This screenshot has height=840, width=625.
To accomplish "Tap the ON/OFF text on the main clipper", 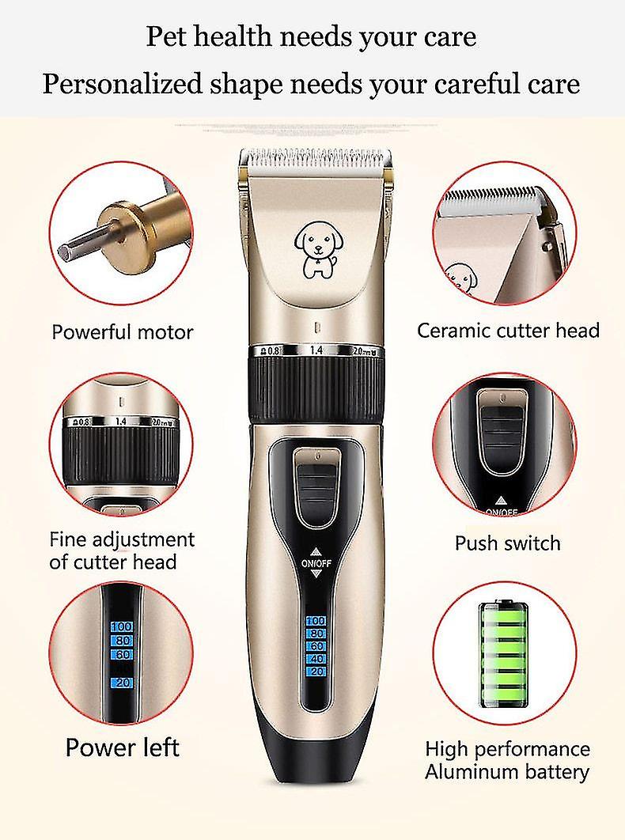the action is point(316,563).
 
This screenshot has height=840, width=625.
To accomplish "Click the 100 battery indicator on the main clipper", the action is point(316,620).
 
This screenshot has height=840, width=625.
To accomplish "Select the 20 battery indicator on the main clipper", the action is point(316,672).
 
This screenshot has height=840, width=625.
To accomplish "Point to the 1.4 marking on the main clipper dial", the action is point(316,350).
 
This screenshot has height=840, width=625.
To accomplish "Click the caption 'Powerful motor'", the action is point(122,332).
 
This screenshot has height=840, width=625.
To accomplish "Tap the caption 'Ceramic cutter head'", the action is point(508,331).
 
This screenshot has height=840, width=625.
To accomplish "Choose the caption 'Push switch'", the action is point(508,543).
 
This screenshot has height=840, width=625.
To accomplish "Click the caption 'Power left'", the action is point(122,747).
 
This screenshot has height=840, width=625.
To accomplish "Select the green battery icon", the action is point(503,655).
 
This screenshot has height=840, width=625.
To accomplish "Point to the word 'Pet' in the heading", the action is point(165,37).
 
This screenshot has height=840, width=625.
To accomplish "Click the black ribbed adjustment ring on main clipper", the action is point(316,389).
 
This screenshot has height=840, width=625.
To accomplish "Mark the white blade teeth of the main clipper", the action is point(315,158).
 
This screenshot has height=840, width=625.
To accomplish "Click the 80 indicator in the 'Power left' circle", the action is point(122,641).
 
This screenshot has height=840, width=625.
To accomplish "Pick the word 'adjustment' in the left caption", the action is point(144,540).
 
